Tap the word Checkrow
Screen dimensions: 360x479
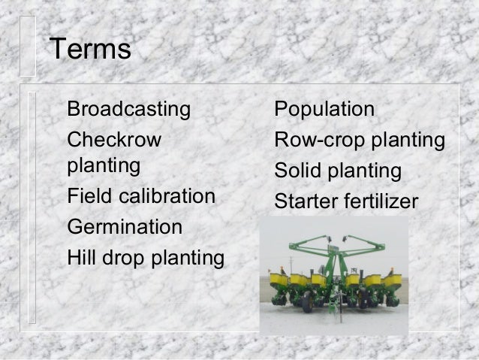coord(113,141)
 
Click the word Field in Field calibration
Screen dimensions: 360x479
coord(85,197)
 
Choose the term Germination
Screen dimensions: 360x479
coord(124,227)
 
